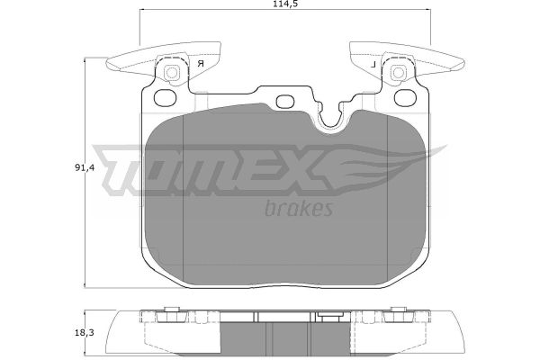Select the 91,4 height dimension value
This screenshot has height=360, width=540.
(x=85, y=167)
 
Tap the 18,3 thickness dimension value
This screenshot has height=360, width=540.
(x=85, y=332)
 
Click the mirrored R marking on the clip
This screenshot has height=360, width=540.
(x=201, y=63)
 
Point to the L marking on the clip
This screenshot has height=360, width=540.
(x=373, y=64)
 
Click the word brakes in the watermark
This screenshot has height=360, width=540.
(x=299, y=208)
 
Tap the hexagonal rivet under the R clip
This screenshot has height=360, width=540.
(x=171, y=73)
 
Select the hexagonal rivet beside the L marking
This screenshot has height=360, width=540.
(x=399, y=73)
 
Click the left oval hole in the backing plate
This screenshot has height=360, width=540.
(x=165, y=98)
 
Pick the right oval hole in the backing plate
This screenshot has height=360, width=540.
(x=405, y=98)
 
